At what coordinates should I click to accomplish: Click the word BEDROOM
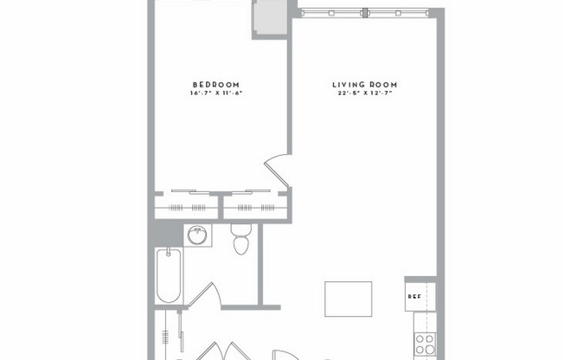[215, 84]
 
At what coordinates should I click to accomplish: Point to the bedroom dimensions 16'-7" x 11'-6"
[215, 93]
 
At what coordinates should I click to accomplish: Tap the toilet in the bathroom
[240, 243]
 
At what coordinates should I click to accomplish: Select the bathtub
[169, 275]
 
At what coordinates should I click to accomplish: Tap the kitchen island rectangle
[348, 299]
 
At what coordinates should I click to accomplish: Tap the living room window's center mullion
[366, 13]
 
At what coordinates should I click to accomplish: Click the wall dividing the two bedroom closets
[221, 206]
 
